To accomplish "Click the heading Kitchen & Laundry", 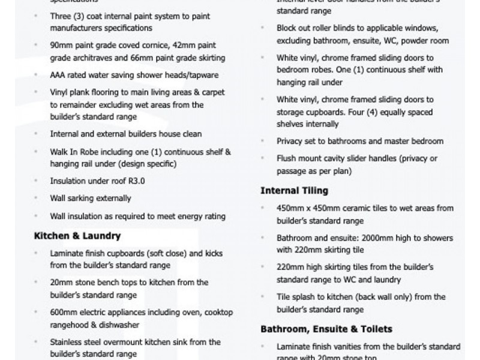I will pos(77,236).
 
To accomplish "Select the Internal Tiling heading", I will pos(294,191).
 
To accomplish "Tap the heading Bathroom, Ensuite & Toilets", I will pos(326,329).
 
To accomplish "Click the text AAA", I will pos(59,76).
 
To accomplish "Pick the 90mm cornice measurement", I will pos(61,46).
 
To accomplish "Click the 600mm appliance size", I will pos(64,312).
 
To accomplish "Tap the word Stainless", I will pos(67,342).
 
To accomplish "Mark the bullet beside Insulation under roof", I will pos(37,181).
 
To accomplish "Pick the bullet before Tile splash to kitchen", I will pos(264,297).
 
